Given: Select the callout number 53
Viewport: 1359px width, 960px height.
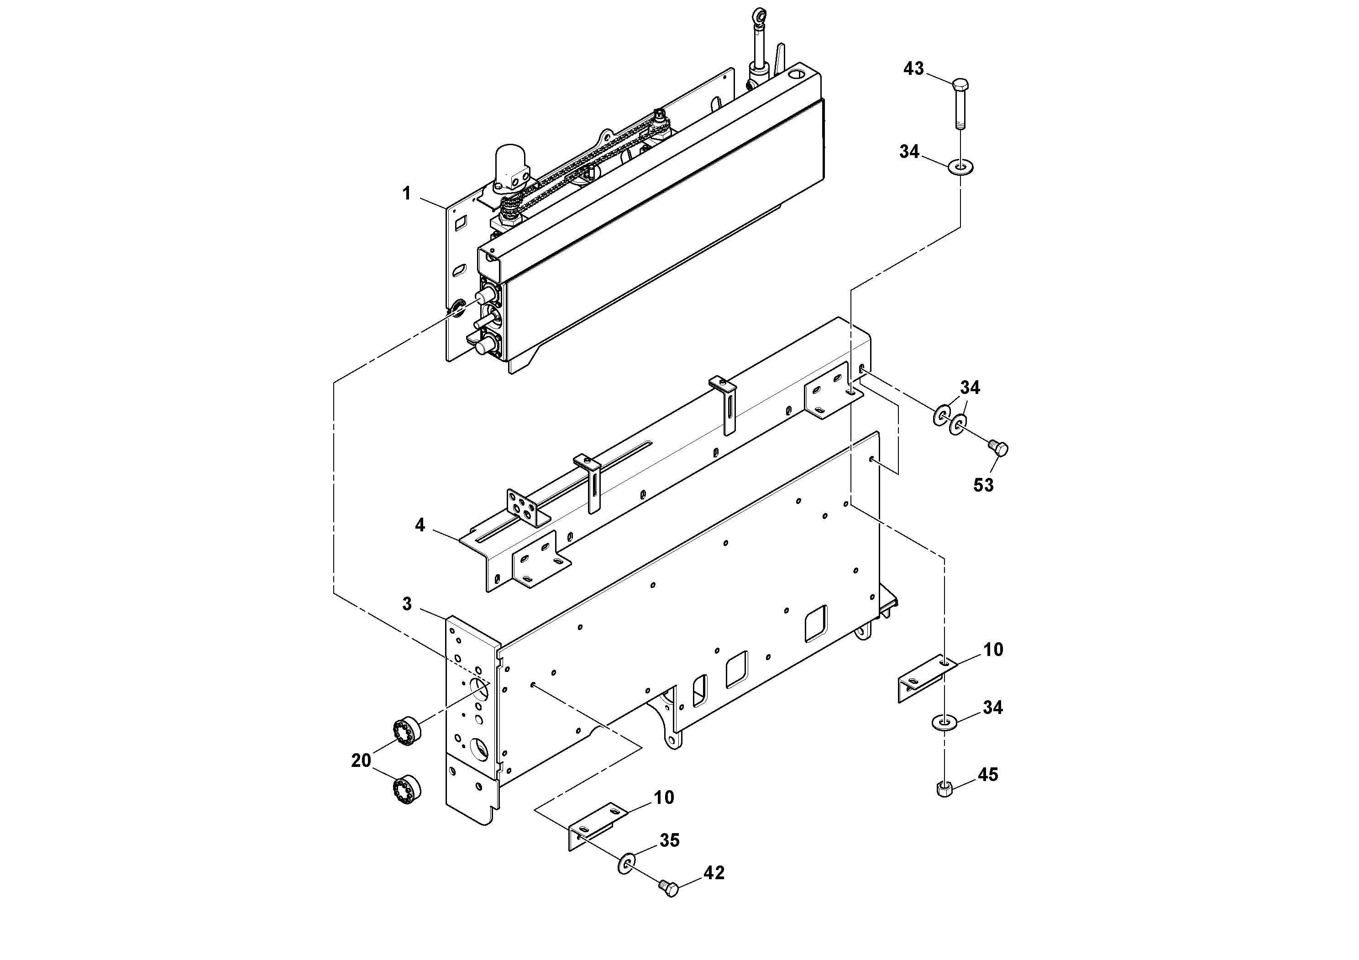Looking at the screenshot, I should (983, 485).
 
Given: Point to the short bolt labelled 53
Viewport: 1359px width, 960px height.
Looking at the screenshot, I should (998, 448).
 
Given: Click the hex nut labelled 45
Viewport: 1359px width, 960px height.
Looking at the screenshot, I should (944, 789).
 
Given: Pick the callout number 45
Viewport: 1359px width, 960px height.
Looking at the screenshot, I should (988, 775).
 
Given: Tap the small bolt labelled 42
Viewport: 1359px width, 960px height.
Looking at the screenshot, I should (669, 904).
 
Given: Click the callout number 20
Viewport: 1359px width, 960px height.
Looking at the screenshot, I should (361, 761).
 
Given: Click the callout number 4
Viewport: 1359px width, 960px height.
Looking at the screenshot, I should (420, 525).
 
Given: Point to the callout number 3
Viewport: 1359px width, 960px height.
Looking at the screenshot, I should (407, 603).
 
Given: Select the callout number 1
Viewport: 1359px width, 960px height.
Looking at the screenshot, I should (407, 194).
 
